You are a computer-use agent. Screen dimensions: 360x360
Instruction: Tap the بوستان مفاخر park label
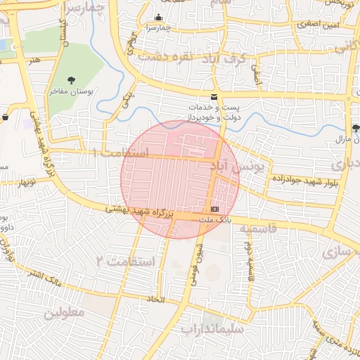pos(71,93)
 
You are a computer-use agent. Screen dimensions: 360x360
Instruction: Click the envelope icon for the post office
pos(214,97)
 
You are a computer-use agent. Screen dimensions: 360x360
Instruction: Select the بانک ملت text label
pos(214,220)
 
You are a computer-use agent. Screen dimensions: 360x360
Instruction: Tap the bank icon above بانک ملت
pos(214,210)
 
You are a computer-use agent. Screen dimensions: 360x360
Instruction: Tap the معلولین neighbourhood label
pos(64,311)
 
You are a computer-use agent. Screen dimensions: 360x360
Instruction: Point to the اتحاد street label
pos(154,300)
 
